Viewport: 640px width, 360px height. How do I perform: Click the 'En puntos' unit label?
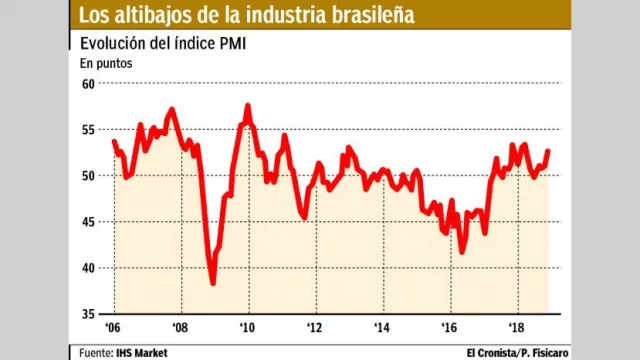pyautogui.click(x=106, y=63)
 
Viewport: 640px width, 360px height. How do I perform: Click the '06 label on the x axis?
pyautogui.click(x=112, y=327)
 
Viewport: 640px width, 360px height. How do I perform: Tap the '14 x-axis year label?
pyautogui.click(x=381, y=327)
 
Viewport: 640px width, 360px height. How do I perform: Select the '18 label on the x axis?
pyautogui.click(x=516, y=327)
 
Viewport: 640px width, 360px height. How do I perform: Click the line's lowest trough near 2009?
pyautogui.click(x=213, y=283)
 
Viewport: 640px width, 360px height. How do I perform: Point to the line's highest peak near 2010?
pyautogui.click(x=247, y=105)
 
